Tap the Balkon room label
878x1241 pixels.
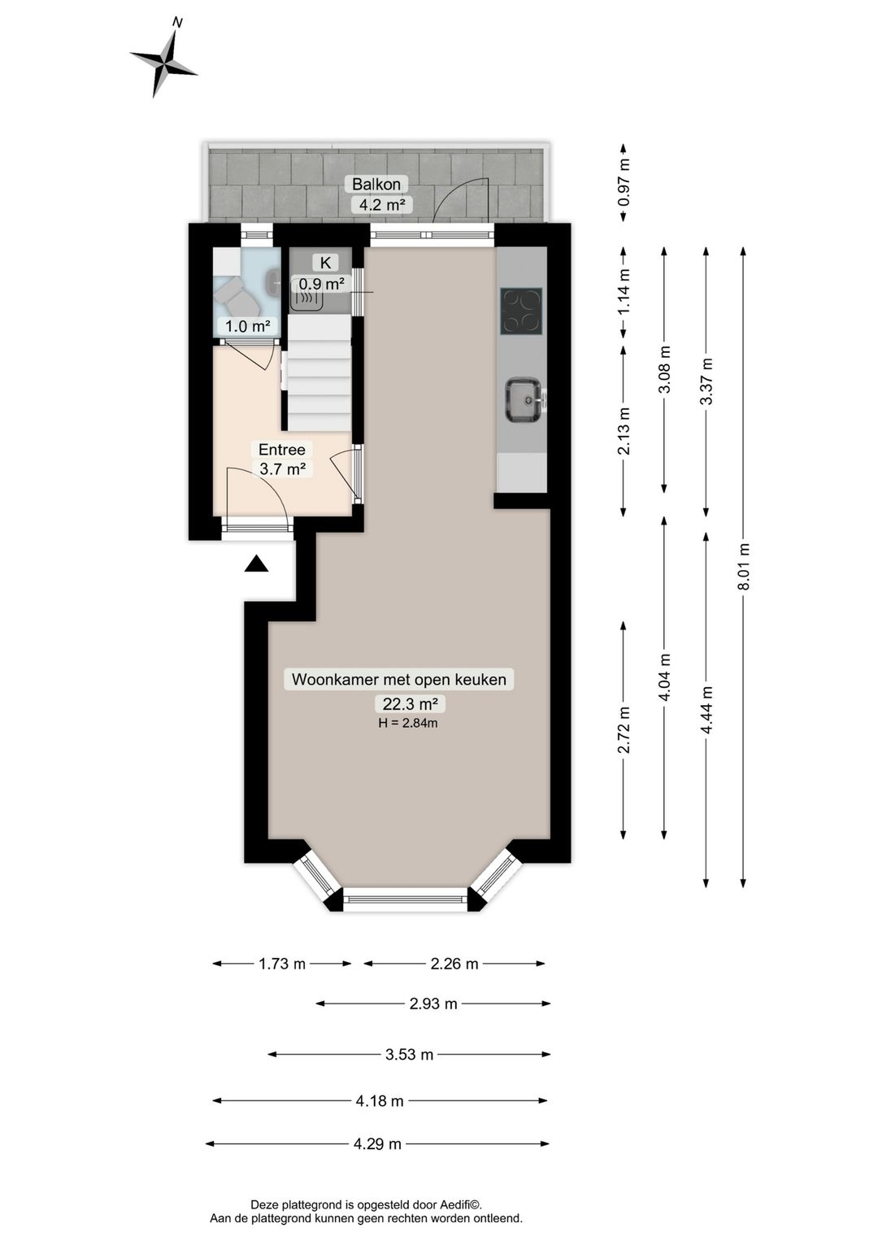coord(376,183)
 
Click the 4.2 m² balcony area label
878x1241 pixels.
coord(382,204)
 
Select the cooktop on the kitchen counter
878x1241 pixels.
coord(521,311)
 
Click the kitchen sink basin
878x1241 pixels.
coord(523,400)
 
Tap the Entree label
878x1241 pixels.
coord(282,449)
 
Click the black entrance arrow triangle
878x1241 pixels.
coord(256,564)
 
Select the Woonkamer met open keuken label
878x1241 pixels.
coord(399,679)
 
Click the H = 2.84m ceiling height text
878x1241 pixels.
coord(408,722)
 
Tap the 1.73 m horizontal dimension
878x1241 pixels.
coord(282,964)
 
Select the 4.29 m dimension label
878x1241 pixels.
coord(377,1143)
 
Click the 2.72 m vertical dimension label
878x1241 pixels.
coord(624,730)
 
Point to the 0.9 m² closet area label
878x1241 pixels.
coord(322,284)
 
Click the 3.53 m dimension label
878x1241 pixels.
coord(410,1054)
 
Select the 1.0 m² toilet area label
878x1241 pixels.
coord(247,326)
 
